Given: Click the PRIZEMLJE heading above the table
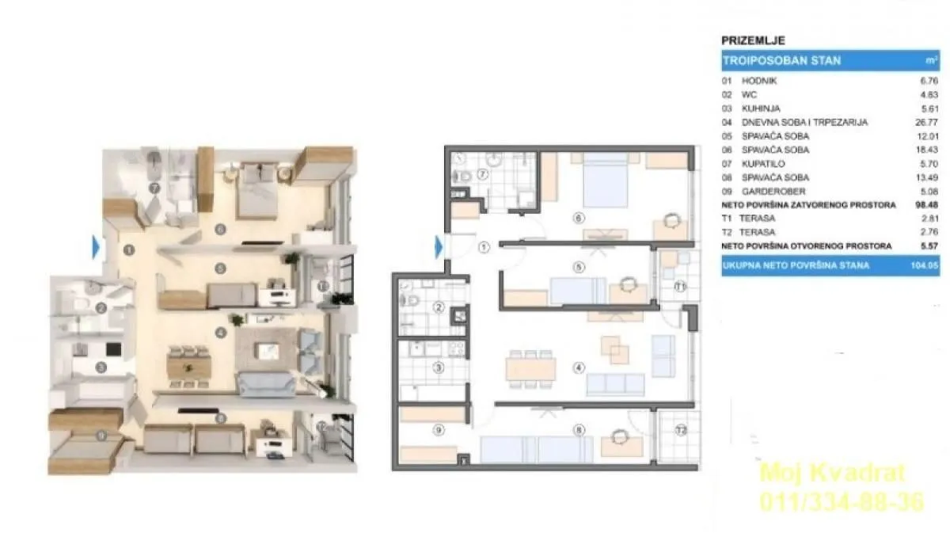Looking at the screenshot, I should (x=753, y=40).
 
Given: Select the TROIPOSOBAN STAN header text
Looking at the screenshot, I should (x=781, y=60).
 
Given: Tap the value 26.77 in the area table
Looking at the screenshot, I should (x=925, y=122).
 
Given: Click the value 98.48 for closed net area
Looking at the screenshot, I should (x=925, y=204).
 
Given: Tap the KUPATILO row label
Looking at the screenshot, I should (x=761, y=163).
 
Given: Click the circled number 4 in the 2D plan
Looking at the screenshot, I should (x=579, y=367).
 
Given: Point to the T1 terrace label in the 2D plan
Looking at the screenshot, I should (x=680, y=287).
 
